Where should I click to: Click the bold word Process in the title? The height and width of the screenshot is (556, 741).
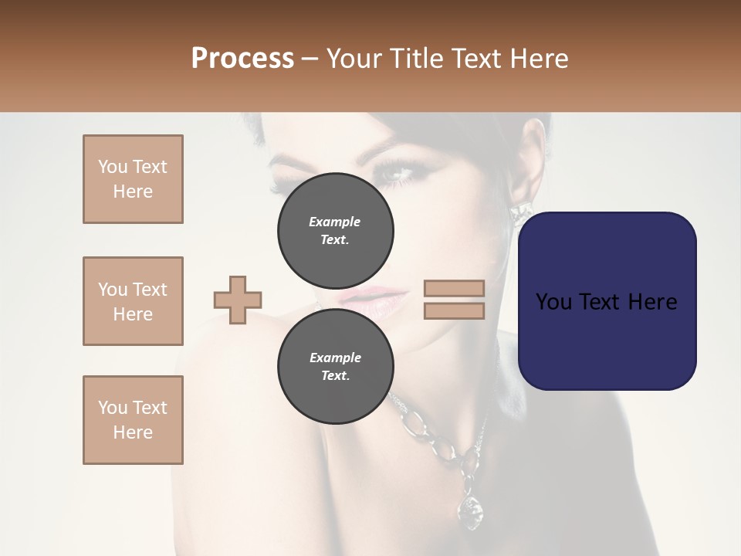[x=242, y=58]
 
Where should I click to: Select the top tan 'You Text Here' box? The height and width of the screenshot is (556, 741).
[x=133, y=179]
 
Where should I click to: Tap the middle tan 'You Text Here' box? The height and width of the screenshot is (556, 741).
[x=133, y=301]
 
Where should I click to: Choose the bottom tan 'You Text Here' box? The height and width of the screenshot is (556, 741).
[x=133, y=420]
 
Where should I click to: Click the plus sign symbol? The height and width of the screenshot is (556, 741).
[x=238, y=300]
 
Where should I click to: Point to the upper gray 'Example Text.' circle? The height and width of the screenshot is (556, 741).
[x=335, y=230]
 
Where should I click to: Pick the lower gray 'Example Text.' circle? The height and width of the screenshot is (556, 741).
[x=335, y=366]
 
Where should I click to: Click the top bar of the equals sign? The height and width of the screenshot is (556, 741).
[x=454, y=288]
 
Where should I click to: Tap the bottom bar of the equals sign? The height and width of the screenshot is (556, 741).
[x=454, y=310]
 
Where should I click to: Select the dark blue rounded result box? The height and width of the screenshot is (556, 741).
[x=607, y=300]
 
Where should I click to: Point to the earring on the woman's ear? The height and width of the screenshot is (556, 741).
[x=519, y=209]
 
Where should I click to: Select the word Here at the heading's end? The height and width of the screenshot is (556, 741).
[x=540, y=58]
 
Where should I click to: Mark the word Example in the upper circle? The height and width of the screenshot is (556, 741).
[x=335, y=222]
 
